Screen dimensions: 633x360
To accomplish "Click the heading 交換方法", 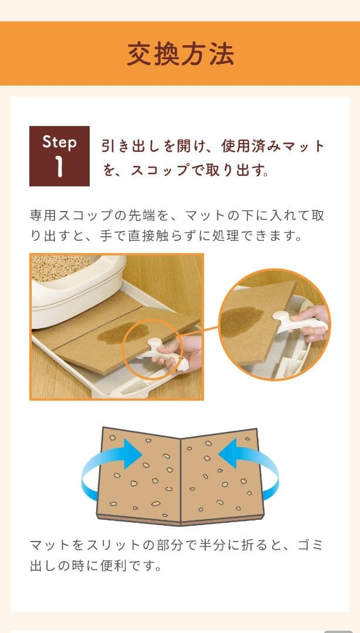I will (180, 54).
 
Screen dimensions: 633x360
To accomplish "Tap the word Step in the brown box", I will (59, 142).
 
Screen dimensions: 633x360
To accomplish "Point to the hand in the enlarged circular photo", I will (314, 322).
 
